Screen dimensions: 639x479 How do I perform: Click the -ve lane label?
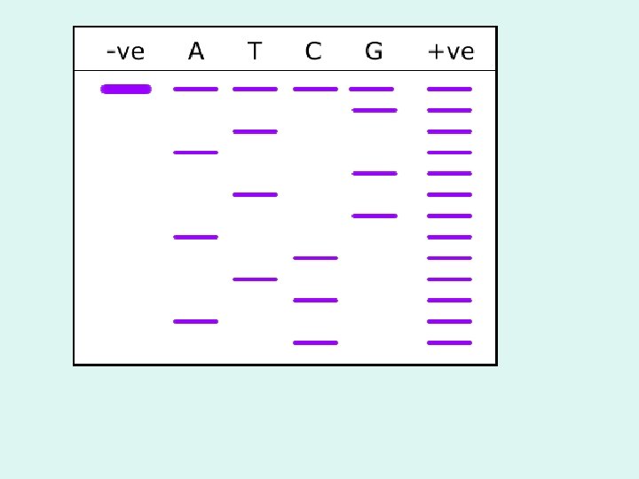pos(125,51)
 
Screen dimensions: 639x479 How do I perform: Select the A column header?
pos(196,51)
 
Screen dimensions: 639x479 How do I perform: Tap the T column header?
pos(255,51)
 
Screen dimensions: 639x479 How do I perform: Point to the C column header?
pos(313,51)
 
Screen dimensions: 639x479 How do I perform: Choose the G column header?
pos(374,51)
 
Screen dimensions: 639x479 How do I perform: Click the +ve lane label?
pos(451,51)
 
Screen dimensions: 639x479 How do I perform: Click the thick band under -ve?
pos(126,89)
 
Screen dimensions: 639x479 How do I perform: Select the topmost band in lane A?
pos(195,89)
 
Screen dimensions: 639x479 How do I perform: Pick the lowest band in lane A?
pos(195,321)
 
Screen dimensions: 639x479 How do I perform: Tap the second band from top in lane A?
pos(195,153)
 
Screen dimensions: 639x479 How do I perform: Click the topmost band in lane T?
pos(255,89)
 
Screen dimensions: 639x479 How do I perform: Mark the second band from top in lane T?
pos(255,131)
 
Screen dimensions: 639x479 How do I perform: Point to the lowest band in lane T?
pos(255,279)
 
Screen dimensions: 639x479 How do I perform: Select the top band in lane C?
pos(315,89)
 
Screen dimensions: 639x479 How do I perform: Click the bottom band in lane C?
pos(315,342)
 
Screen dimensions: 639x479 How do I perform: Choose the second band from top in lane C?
pos(315,258)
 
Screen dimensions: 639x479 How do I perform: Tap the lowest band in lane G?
pos(375,216)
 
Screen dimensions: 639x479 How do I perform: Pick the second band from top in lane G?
pos(375,110)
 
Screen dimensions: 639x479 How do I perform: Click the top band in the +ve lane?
pos(449,89)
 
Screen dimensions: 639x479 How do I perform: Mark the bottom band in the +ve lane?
pos(449,342)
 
